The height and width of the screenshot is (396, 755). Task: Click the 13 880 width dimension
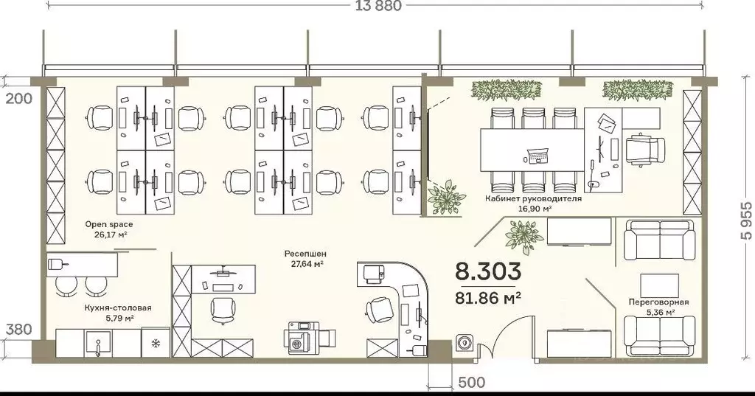pos(378,6)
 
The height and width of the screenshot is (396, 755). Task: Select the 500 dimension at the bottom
pos(471,383)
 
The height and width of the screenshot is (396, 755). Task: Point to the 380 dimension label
pos(19,330)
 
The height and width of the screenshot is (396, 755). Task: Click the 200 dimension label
pos(19,99)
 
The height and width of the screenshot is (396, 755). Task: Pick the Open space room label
pos(109,224)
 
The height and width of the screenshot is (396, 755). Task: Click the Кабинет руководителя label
pos(533,198)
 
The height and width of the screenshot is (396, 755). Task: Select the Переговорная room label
pos(658,302)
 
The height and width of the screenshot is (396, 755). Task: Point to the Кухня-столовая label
pos(117,308)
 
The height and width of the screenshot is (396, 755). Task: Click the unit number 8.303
pos(488,271)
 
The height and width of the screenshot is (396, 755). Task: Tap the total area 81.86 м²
pos(488,299)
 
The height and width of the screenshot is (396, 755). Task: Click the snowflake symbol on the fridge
pos(156,343)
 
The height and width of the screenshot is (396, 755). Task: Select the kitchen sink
pos(99,344)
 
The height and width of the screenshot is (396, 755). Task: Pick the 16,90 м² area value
pos(535,209)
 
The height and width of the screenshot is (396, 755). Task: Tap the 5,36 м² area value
pos(658,312)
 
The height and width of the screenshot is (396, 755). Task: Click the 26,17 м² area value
pos(109,235)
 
